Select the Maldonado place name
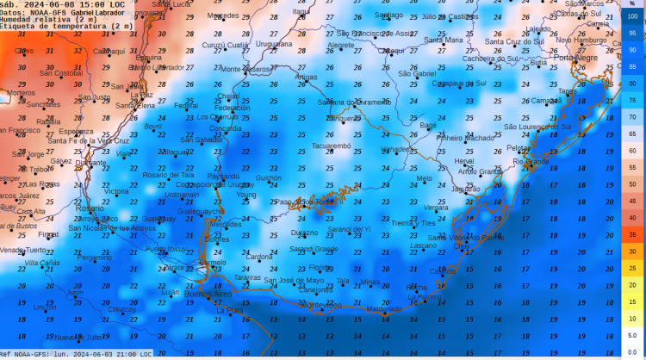point(384,308)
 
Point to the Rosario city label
point(88,208)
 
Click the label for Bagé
point(427,125)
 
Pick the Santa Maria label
point(443,40)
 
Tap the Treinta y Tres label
point(413,223)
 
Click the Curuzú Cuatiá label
point(226,45)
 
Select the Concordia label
point(226,128)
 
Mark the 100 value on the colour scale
point(632,16)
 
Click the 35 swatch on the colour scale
point(632,234)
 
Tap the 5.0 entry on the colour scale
point(632,335)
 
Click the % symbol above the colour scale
point(632,4)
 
